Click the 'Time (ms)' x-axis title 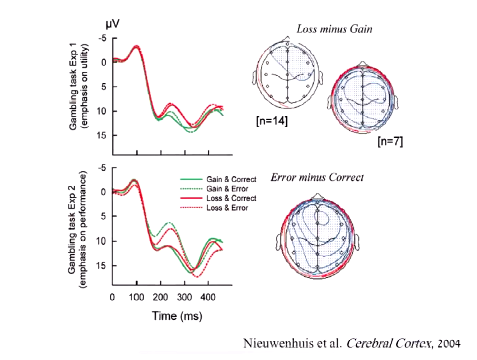pos(177,316)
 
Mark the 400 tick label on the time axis pos(208,297)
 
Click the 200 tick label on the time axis pos(161,297)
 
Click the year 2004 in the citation pos(449,343)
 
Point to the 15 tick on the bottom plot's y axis pos(102,265)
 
